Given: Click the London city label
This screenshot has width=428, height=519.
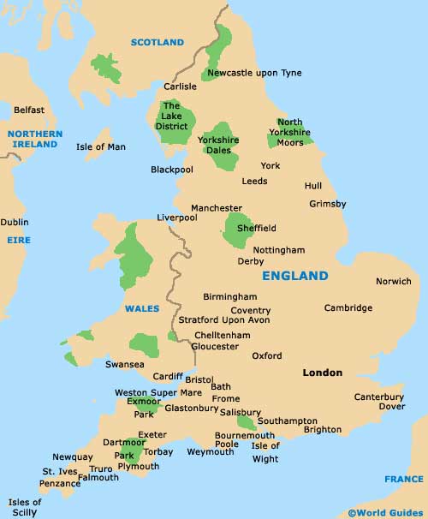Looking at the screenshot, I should pos(322,373).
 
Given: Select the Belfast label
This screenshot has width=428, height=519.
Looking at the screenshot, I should pos(28,110).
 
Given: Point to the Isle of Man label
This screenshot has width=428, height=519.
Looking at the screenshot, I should pos(100,147).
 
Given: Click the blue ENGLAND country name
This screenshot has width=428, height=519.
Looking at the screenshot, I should pos(294,276).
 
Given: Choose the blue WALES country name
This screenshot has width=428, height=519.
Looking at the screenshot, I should pos(142,308).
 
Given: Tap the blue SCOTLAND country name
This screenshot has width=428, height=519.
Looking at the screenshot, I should pos(157,42).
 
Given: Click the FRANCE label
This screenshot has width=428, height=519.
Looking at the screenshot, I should pos(403,479).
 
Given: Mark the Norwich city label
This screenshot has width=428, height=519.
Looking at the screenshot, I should pos(393,281).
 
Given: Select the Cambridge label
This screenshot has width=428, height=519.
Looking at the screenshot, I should pos(348,307).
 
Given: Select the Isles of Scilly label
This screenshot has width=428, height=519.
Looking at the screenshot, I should pos(25,506).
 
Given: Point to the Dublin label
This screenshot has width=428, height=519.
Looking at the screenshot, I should pos(14,222).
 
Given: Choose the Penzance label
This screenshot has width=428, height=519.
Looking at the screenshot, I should pos(60,484).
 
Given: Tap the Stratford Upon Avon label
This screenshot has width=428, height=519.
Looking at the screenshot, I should pos(223,320).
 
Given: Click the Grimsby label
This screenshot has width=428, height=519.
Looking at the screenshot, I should pos(327,204).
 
